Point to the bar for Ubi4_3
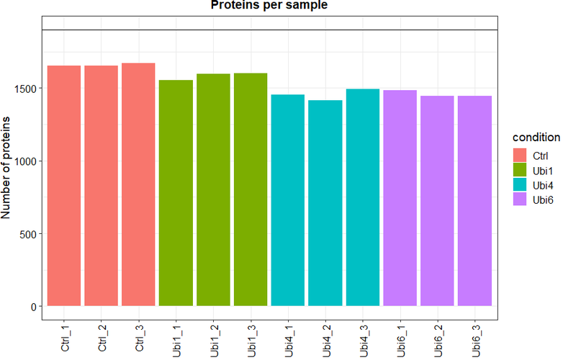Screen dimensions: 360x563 coord(363,197)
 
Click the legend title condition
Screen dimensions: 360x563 coord(536,137)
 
